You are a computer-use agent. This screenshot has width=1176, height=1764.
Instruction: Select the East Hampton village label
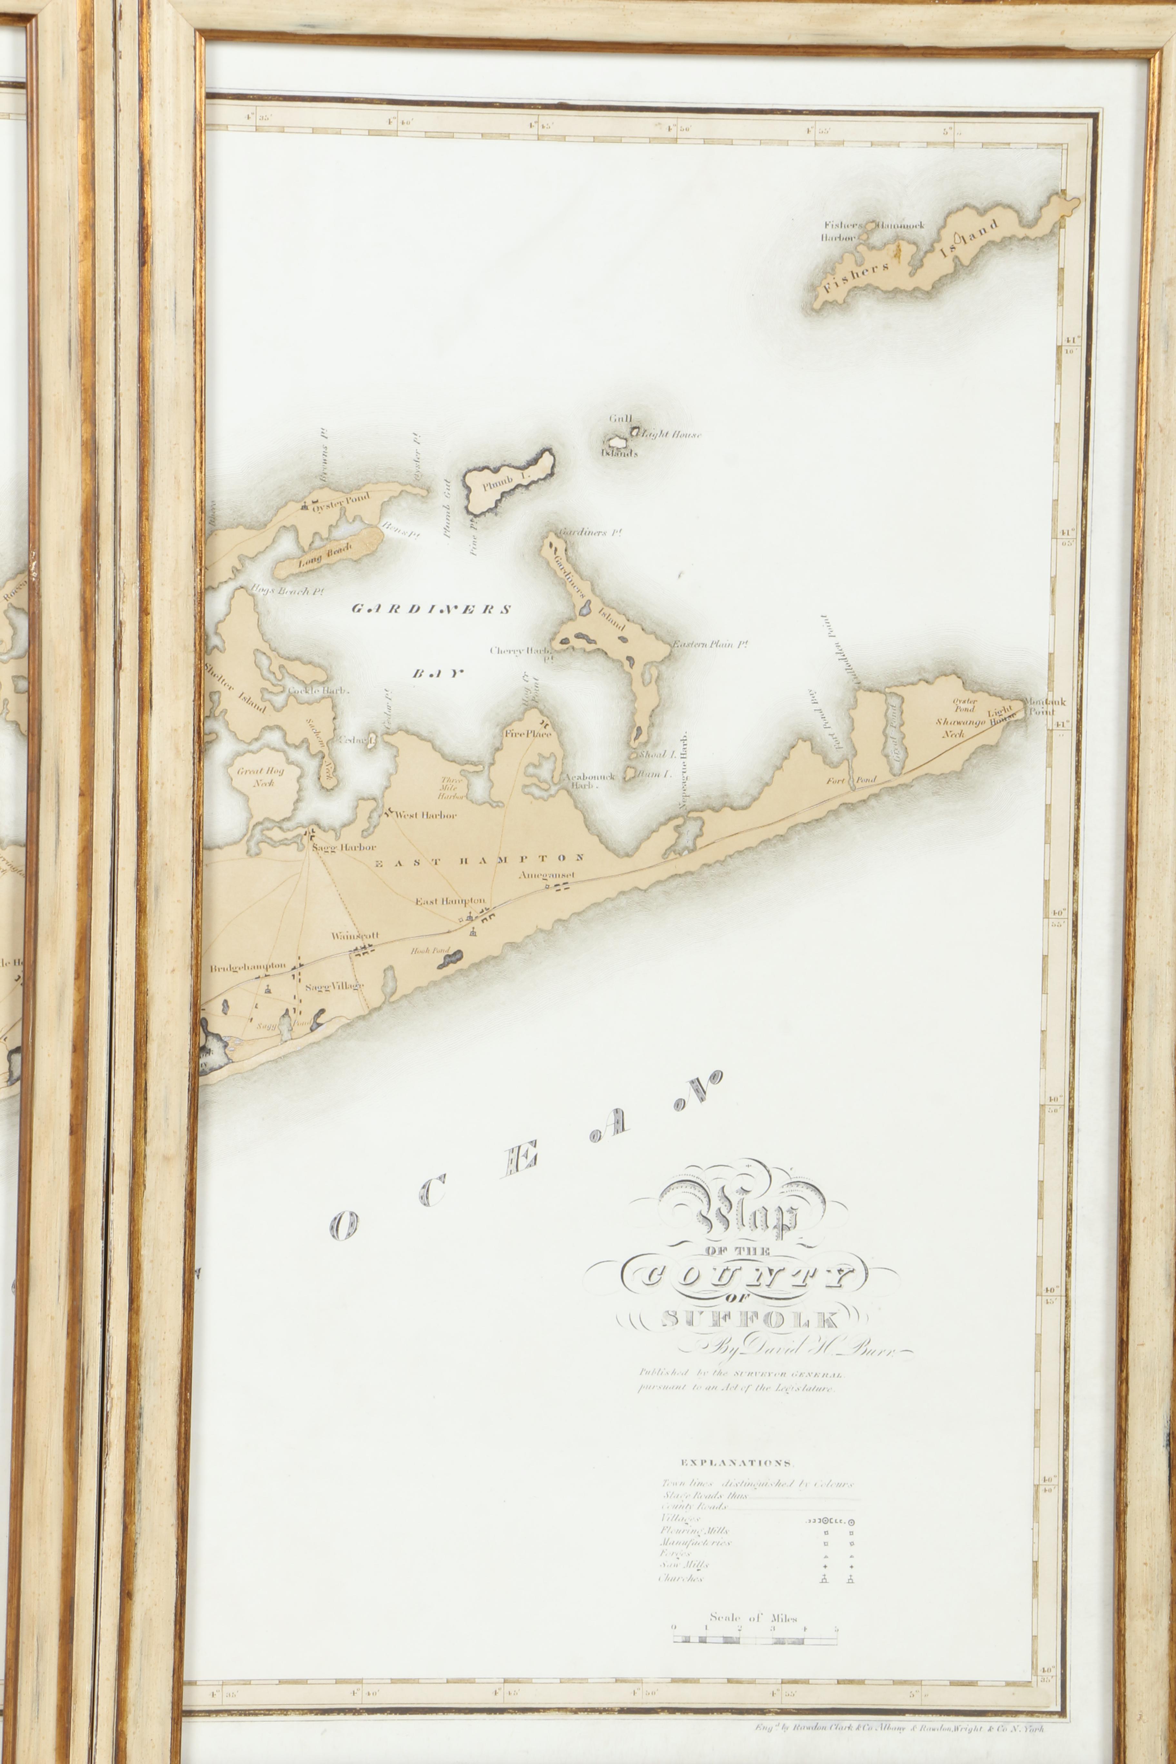pos(450,901)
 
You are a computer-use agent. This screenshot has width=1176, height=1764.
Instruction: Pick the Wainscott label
pos(356,936)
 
